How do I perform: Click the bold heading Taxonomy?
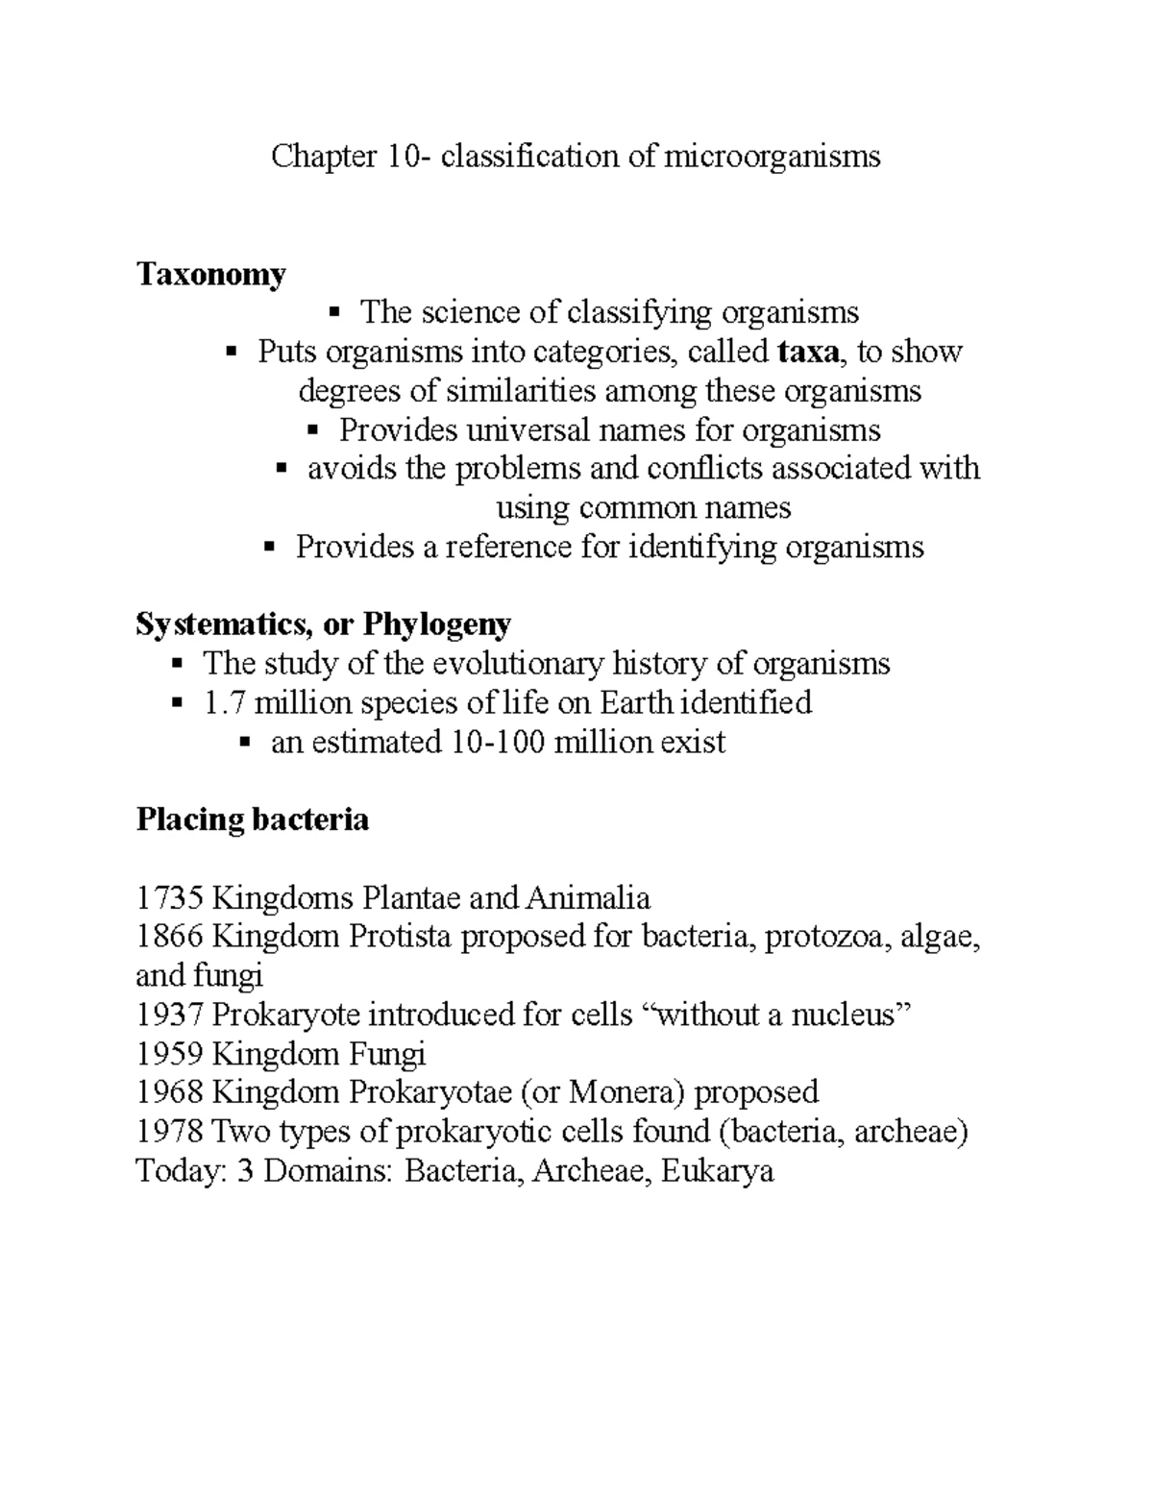click(210, 275)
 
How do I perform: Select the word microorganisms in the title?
click(773, 156)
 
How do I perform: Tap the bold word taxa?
click(807, 352)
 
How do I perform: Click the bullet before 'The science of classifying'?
click(334, 311)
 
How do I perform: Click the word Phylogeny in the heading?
click(437, 624)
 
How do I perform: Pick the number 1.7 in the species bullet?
click(224, 702)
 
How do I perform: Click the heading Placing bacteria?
click(253, 819)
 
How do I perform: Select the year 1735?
click(169, 898)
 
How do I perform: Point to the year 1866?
click(169, 937)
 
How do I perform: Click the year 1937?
click(169, 1015)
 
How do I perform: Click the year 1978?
click(169, 1132)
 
